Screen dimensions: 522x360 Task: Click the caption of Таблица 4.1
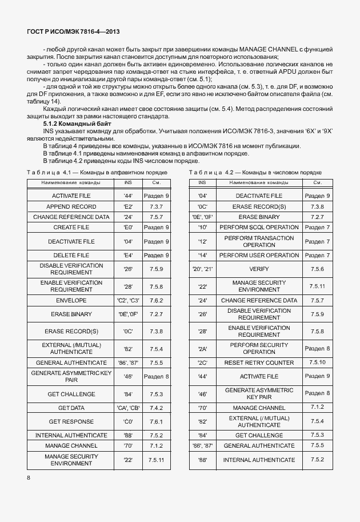point(97,172)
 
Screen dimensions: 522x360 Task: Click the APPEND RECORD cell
point(71,206)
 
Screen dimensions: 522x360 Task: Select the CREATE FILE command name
point(71,227)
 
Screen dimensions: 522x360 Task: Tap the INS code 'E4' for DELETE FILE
point(128,255)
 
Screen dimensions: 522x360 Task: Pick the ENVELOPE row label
point(71,300)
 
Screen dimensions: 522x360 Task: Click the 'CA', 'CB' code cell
point(128,408)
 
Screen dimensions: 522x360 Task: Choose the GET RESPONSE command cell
point(71,421)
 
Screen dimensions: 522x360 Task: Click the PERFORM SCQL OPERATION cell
point(259,227)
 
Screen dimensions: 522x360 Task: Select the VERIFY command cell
point(259,269)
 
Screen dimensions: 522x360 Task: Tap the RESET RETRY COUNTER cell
point(259,362)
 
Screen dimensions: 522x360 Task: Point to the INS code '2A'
point(202,349)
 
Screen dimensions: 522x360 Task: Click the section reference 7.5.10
point(317,362)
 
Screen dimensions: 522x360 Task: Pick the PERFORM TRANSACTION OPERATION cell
point(259,241)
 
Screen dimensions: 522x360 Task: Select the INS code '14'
point(202,255)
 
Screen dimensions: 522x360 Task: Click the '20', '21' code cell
point(202,269)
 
